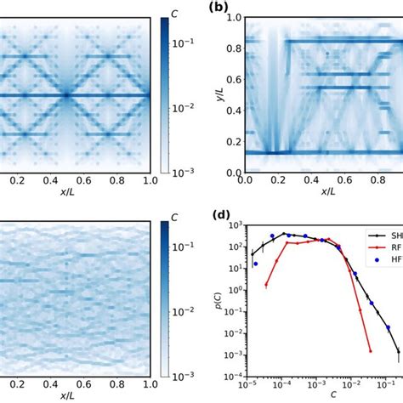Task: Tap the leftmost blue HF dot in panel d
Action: (255, 264)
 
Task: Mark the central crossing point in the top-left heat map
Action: (66, 94)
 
